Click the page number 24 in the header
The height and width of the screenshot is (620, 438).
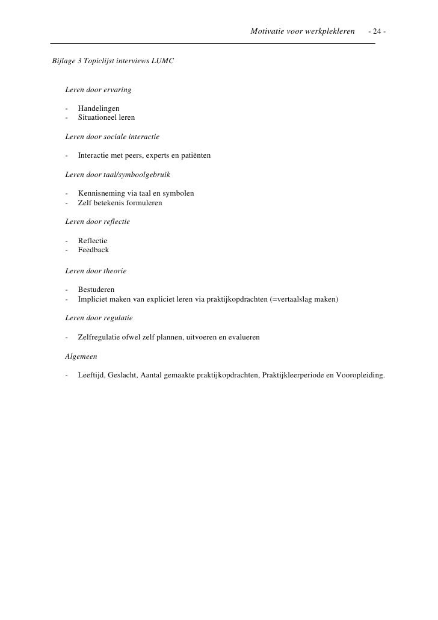[x=379, y=31]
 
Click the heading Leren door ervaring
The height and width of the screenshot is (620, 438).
[x=98, y=90]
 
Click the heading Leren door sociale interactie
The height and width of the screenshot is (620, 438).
[x=112, y=137]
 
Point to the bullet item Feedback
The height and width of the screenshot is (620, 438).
[x=93, y=250]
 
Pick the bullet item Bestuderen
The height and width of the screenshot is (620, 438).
[x=96, y=290]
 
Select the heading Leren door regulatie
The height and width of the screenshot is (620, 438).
[x=99, y=318]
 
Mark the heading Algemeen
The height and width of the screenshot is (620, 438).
[x=81, y=356]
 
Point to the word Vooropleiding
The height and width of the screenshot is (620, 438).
[x=359, y=376]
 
